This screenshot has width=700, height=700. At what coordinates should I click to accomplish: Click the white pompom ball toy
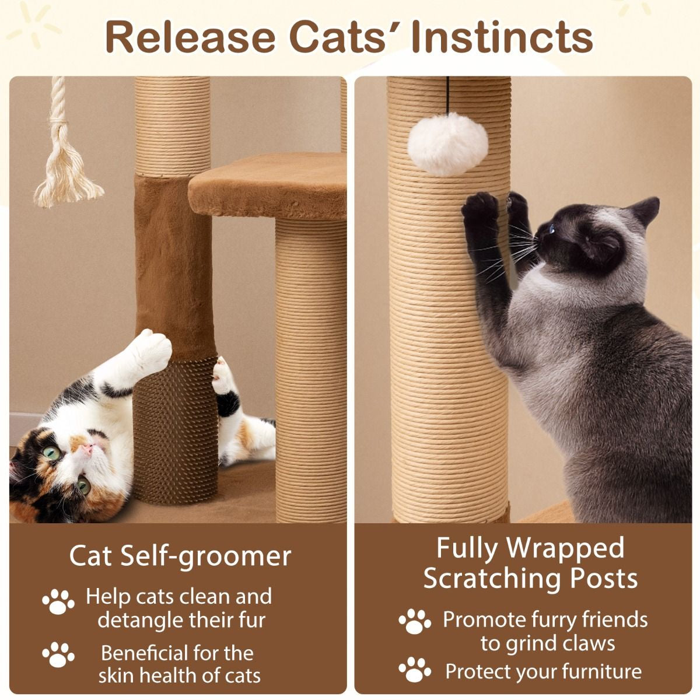tap(447, 144)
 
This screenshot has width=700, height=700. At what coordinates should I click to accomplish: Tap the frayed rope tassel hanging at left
tap(66, 169)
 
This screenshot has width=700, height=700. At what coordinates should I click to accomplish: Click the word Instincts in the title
tap(502, 37)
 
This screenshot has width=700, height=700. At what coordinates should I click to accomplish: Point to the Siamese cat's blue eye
tap(552, 229)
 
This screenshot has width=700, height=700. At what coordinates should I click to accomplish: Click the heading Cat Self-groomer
tap(180, 555)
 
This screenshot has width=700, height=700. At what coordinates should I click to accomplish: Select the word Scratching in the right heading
tap(492, 578)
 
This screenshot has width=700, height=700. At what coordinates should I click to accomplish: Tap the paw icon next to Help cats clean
tap(58, 601)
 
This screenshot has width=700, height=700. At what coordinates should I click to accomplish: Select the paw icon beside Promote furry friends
tap(415, 622)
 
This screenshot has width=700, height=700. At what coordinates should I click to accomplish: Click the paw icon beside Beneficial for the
tap(58, 654)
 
